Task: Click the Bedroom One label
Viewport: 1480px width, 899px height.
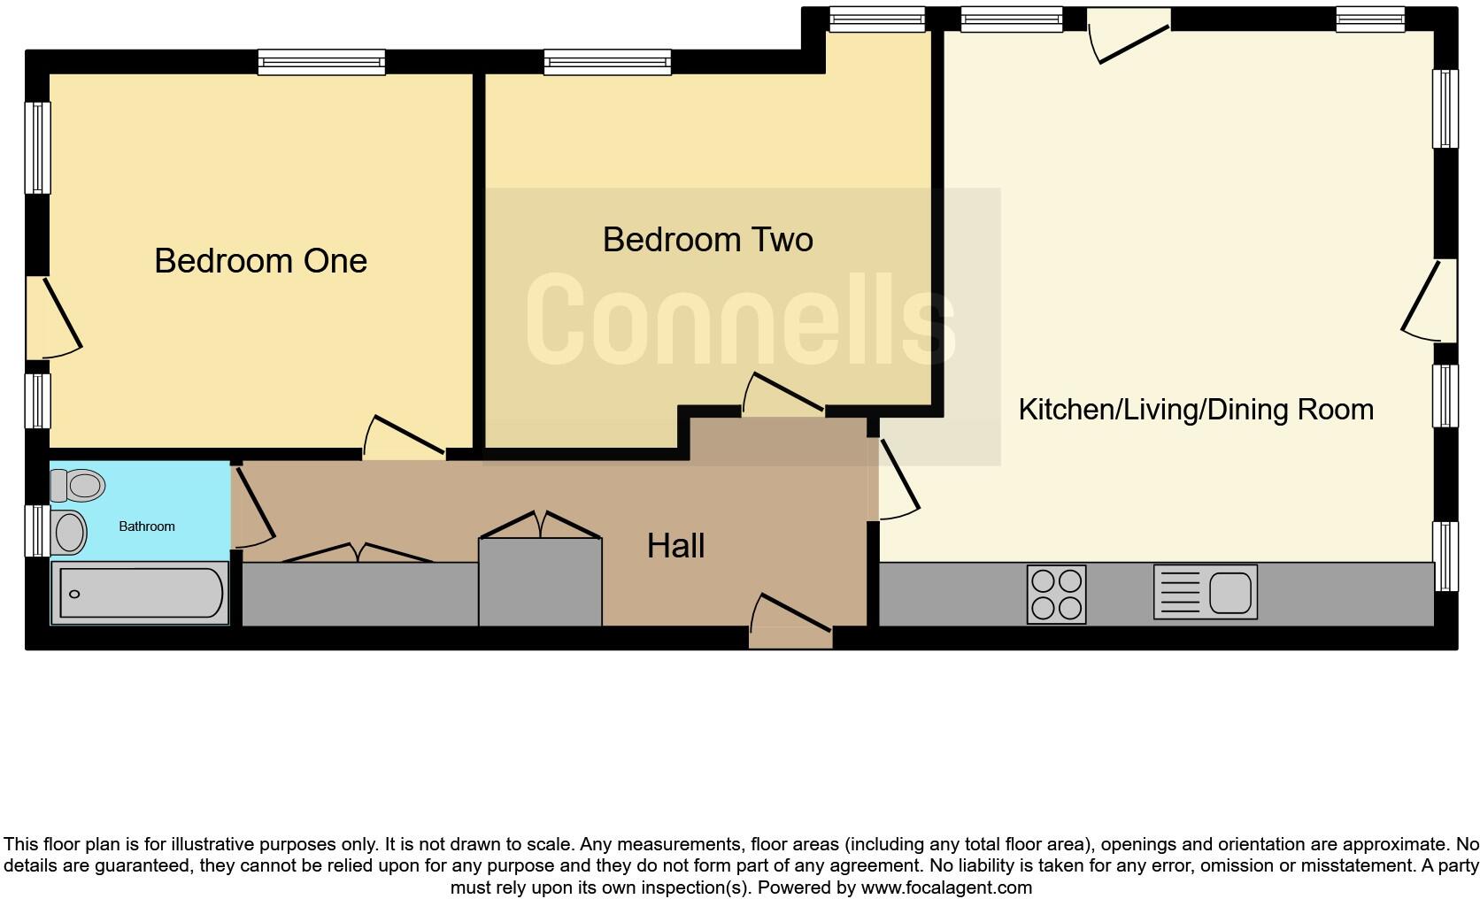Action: [x=260, y=261]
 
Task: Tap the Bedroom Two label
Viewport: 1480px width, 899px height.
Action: [x=707, y=240]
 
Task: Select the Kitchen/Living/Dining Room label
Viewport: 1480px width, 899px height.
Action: [x=1196, y=410]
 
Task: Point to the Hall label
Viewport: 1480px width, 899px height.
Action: [x=675, y=546]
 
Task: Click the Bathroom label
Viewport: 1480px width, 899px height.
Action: [x=147, y=526]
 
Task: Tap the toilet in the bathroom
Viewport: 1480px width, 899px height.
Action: [x=78, y=485]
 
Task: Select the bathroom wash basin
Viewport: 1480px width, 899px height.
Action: [x=69, y=532]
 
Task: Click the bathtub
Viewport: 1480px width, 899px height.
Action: [x=140, y=594]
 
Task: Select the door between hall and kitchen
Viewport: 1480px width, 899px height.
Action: [x=896, y=479]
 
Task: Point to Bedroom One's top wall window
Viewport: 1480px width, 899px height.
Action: [x=321, y=62]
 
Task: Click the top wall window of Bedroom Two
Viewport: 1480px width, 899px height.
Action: [x=607, y=62]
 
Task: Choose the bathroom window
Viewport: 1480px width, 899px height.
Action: [x=36, y=531]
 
